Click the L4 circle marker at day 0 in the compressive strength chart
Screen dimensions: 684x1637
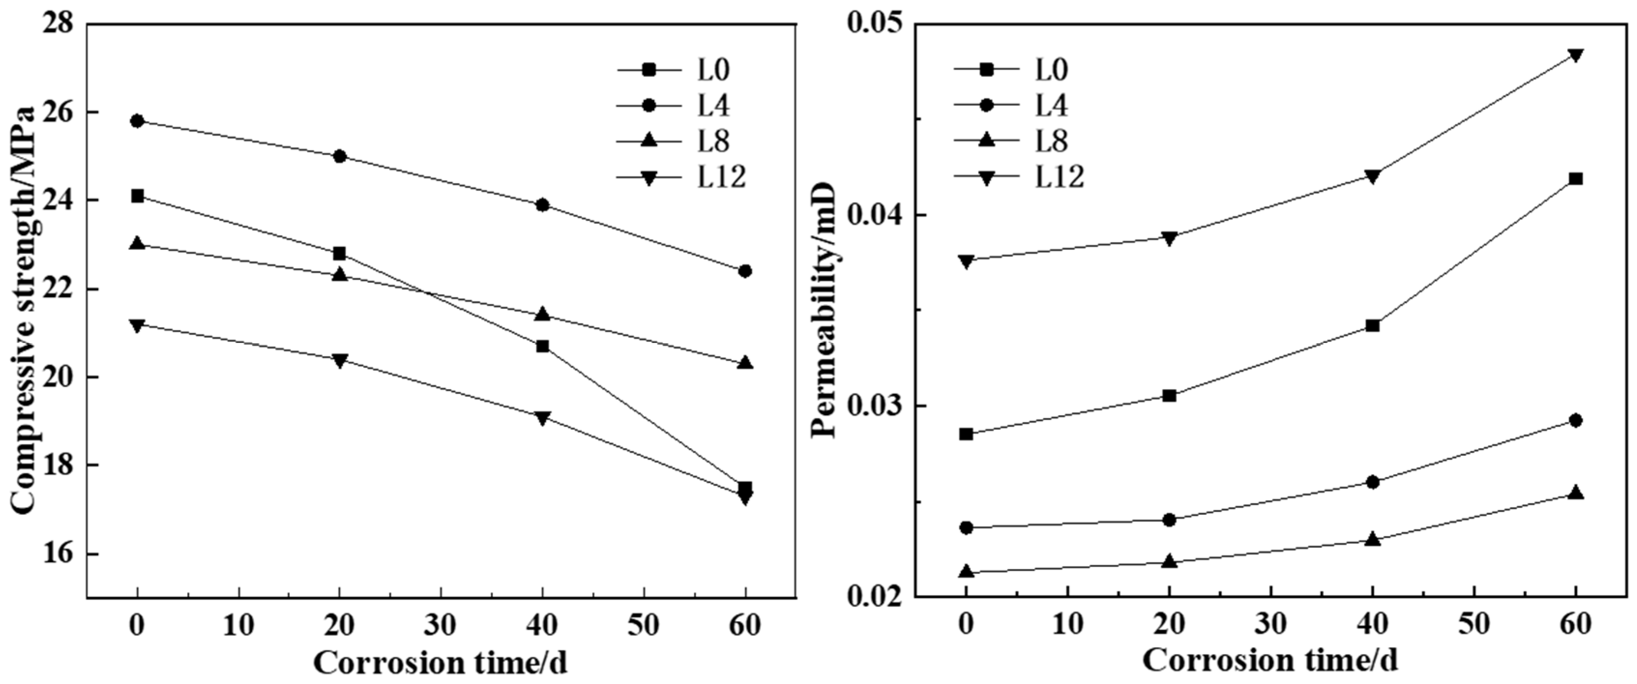coord(137,121)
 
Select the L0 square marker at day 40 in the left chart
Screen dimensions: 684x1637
coord(542,346)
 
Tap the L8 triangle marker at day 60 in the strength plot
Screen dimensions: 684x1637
coord(745,364)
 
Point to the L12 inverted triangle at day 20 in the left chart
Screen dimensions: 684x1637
coord(339,360)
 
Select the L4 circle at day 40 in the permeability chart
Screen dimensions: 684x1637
coord(1372,482)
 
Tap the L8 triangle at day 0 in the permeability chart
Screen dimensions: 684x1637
coord(966,571)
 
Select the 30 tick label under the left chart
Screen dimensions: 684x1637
coord(440,626)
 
